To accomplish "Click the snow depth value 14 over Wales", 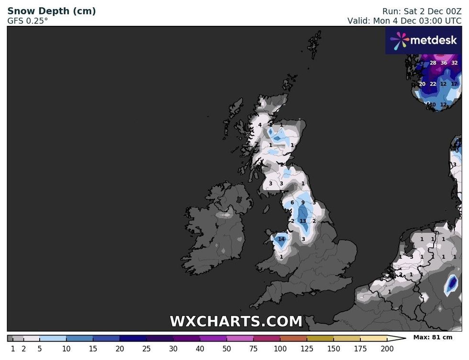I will (x=281, y=239).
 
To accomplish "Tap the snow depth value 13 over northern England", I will (x=303, y=221).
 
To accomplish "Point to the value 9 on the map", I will (x=303, y=202).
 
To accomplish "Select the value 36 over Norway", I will (x=444, y=63).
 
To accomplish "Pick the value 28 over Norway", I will (x=433, y=63).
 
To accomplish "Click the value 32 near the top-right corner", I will (x=455, y=63).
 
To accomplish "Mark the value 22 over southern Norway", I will (x=433, y=84).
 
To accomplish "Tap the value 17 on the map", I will (x=454, y=84).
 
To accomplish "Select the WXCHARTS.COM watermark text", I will (x=236, y=321).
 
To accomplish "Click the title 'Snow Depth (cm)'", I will (x=51, y=11).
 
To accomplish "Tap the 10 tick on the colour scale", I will (x=66, y=349).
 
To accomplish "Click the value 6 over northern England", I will (x=292, y=202).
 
